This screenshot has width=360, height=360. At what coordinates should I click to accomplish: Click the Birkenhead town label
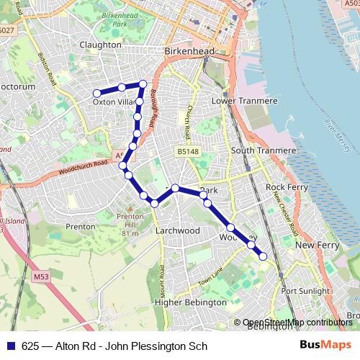(x=189, y=53)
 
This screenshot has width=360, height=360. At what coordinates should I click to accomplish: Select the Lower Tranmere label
(x=244, y=101)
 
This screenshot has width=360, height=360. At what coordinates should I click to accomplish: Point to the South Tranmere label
(x=263, y=150)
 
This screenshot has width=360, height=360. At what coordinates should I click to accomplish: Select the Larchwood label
(x=178, y=230)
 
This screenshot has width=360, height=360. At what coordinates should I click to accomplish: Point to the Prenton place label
(x=80, y=226)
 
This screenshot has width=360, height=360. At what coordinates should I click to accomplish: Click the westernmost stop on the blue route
(x=96, y=93)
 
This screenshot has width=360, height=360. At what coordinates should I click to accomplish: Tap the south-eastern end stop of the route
(x=264, y=256)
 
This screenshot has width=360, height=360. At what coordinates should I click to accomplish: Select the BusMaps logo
(x=325, y=345)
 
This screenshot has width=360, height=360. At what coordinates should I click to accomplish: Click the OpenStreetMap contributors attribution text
(x=297, y=323)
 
